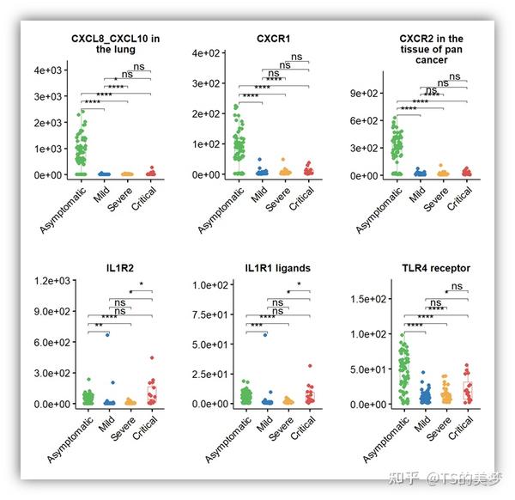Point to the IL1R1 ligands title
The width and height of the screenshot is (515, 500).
tap(276, 268)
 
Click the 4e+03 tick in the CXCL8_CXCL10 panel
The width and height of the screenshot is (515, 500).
tap(48, 70)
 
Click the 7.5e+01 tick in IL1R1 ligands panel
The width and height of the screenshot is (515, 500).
tap(209, 314)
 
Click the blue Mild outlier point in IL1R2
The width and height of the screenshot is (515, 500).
tap(106, 334)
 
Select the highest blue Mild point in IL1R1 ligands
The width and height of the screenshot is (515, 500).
tap(266, 334)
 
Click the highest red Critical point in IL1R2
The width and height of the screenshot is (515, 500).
tap(151, 357)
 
